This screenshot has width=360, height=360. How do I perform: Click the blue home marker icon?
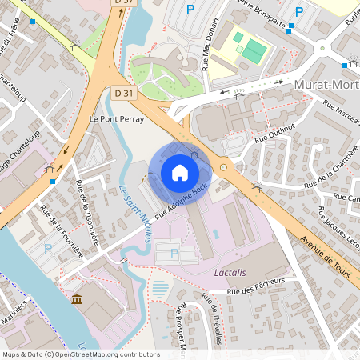click(x=179, y=173)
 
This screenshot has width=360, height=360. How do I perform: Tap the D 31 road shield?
click(x=123, y=94)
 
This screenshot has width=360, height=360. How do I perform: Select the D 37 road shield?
click(x=122, y=3)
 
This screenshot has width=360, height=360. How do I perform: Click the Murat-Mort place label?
click(x=326, y=84)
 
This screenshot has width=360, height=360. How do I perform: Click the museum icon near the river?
click(x=76, y=299)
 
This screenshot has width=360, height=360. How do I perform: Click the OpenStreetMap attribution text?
click(x=80, y=354)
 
